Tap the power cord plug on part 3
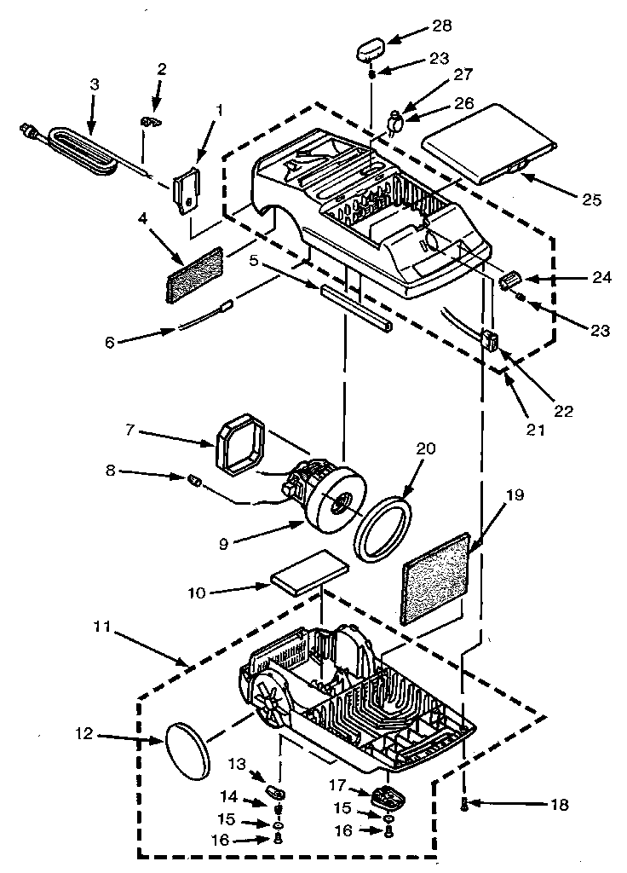pos(27,130)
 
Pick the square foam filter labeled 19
pos(434,580)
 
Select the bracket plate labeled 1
pos(187,188)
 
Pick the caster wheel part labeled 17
pos(386,799)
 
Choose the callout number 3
pos(94,84)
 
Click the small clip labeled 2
pos(152,123)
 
